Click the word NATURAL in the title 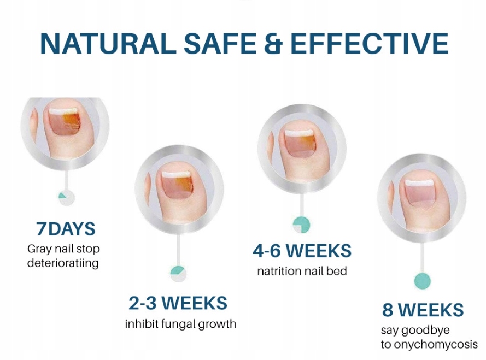pyautogui.click(x=108, y=43)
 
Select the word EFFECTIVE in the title pyautogui.click(x=369, y=43)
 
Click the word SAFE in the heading pyautogui.click(x=220, y=43)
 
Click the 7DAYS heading pyautogui.click(x=66, y=229)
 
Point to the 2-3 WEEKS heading pyautogui.click(x=178, y=303)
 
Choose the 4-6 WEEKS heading pyautogui.click(x=302, y=250)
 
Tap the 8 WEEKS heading pyautogui.click(x=423, y=309)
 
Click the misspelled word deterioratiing pyautogui.click(x=63, y=263)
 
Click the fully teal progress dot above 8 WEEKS pyautogui.click(x=423, y=281)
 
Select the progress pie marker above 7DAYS pyautogui.click(x=67, y=198)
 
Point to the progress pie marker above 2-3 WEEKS pyautogui.click(x=178, y=274)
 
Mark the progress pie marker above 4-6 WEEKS pyautogui.click(x=301, y=225)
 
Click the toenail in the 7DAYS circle pyautogui.click(x=65, y=122)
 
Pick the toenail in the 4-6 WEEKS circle pyautogui.click(x=300, y=143)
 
